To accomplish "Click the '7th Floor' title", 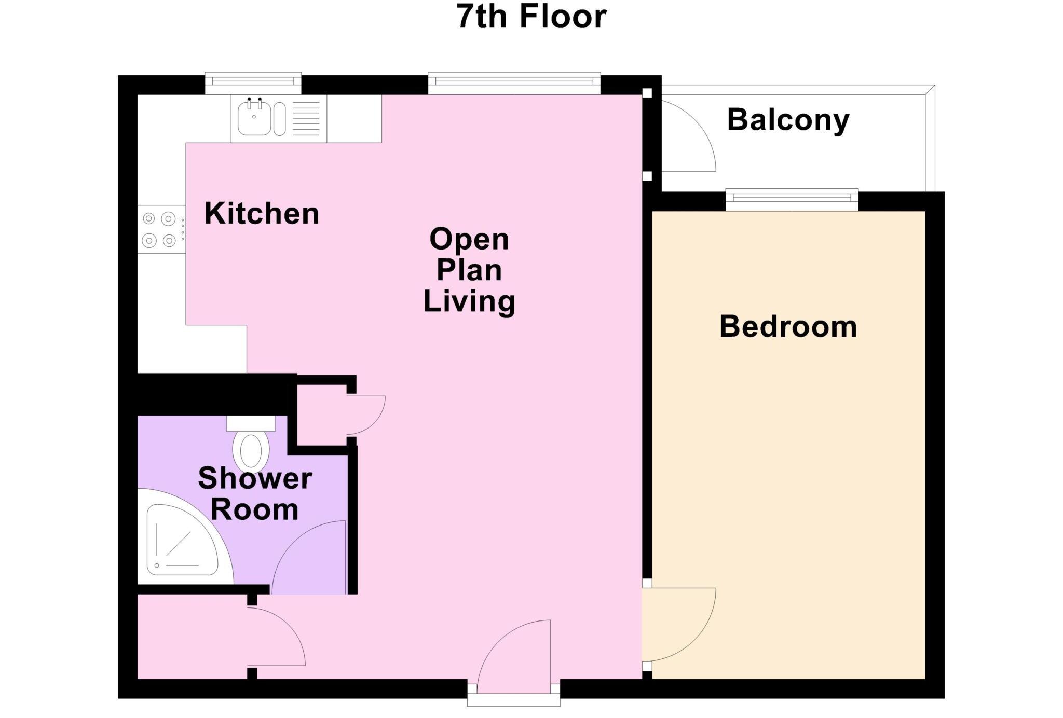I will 531,17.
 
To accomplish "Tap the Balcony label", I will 788,120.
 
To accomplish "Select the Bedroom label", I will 788,327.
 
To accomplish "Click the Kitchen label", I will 262,214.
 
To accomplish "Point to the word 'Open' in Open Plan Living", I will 469,240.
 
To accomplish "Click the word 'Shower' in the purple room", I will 255,478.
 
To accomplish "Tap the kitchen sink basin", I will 254,118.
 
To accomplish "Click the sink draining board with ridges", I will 306,118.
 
